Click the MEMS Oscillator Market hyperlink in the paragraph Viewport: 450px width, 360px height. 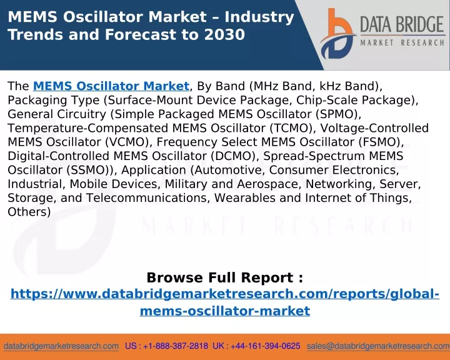point(111,86)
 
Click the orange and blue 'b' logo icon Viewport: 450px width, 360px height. point(337,34)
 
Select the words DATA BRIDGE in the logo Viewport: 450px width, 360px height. point(402,24)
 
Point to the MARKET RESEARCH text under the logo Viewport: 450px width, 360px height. point(402,42)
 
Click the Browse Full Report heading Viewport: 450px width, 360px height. point(225,277)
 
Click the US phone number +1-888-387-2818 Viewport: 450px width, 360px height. point(176,346)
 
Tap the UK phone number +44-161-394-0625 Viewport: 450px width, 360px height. point(265,346)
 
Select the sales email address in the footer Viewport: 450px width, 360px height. point(378,346)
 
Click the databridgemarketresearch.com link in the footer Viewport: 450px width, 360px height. point(61,346)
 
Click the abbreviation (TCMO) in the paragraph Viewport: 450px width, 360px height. point(291,128)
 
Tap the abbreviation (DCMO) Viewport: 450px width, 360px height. point(232,156)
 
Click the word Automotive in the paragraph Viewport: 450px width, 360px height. point(229,170)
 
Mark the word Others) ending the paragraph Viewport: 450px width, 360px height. point(29,212)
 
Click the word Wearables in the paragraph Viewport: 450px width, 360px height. point(245,198)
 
